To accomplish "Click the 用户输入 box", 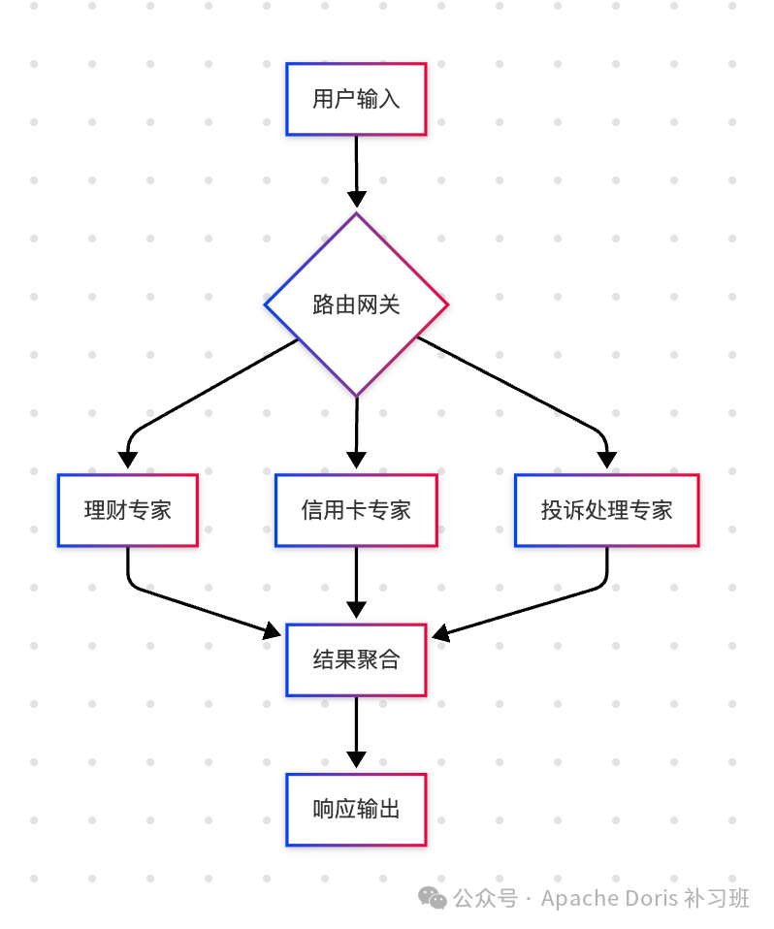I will (356, 99).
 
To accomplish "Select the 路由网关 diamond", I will (356, 304).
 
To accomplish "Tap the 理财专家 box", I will (127, 510).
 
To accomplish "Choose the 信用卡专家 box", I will (356, 510).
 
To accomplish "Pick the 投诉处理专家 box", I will (606, 510).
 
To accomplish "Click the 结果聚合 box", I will (356, 660).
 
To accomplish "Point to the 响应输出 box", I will (356, 810).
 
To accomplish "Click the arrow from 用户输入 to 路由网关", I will (356, 170).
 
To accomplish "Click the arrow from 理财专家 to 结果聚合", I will (194, 607).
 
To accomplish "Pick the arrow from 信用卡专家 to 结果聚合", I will (356, 582).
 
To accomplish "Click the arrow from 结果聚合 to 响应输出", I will (356, 732).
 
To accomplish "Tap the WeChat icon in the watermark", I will (433, 899).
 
